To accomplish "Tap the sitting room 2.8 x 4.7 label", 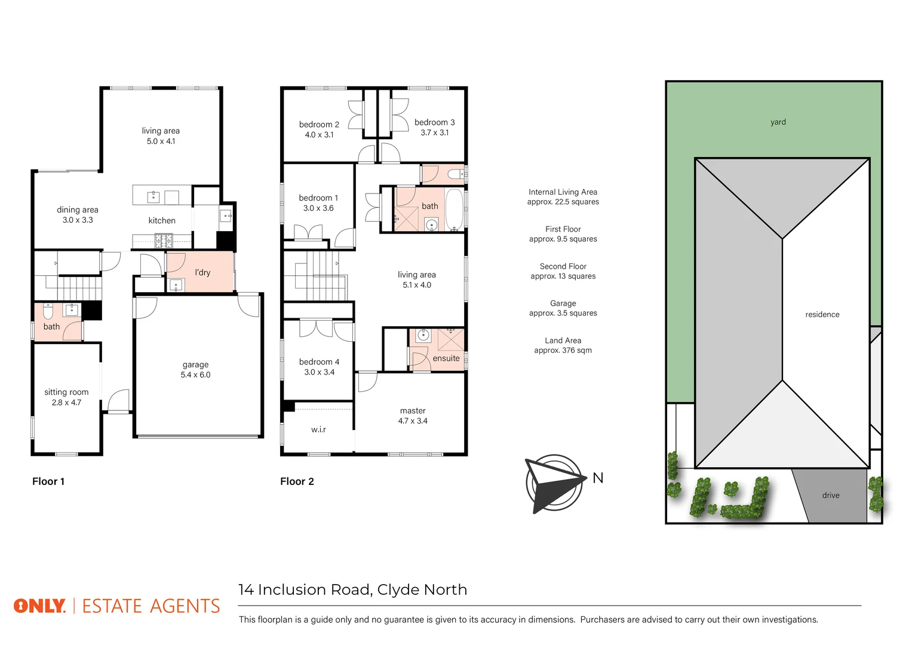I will [x=66, y=397].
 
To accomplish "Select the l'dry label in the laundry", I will [x=202, y=272].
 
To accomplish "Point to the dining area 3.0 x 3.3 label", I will [x=78, y=215].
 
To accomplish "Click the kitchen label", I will [x=162, y=220].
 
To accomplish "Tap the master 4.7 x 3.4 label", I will [x=413, y=416].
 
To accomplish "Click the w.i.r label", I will [x=318, y=429].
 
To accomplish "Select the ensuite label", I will [x=446, y=358].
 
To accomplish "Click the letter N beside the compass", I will [x=598, y=478].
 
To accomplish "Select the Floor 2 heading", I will [x=297, y=481].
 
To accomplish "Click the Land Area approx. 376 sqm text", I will [x=563, y=345].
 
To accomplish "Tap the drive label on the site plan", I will [x=830, y=495].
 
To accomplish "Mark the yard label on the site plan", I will [x=778, y=122].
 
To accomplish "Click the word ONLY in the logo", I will [x=39, y=606].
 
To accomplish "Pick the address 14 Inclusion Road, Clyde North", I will [x=352, y=589].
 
